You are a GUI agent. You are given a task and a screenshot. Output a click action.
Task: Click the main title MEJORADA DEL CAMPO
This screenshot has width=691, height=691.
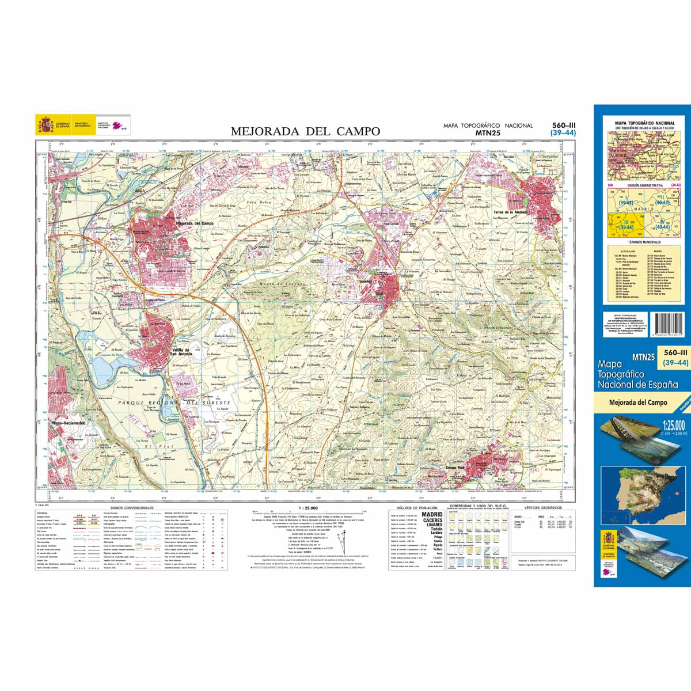[x=305, y=131]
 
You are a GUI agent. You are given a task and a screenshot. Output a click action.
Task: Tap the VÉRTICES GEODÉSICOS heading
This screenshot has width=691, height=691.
[x=543, y=508]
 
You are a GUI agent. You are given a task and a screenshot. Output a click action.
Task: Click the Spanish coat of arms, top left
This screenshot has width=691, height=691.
[x=45, y=124]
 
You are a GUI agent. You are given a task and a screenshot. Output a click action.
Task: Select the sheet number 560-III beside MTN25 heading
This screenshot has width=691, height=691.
[x=563, y=125]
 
